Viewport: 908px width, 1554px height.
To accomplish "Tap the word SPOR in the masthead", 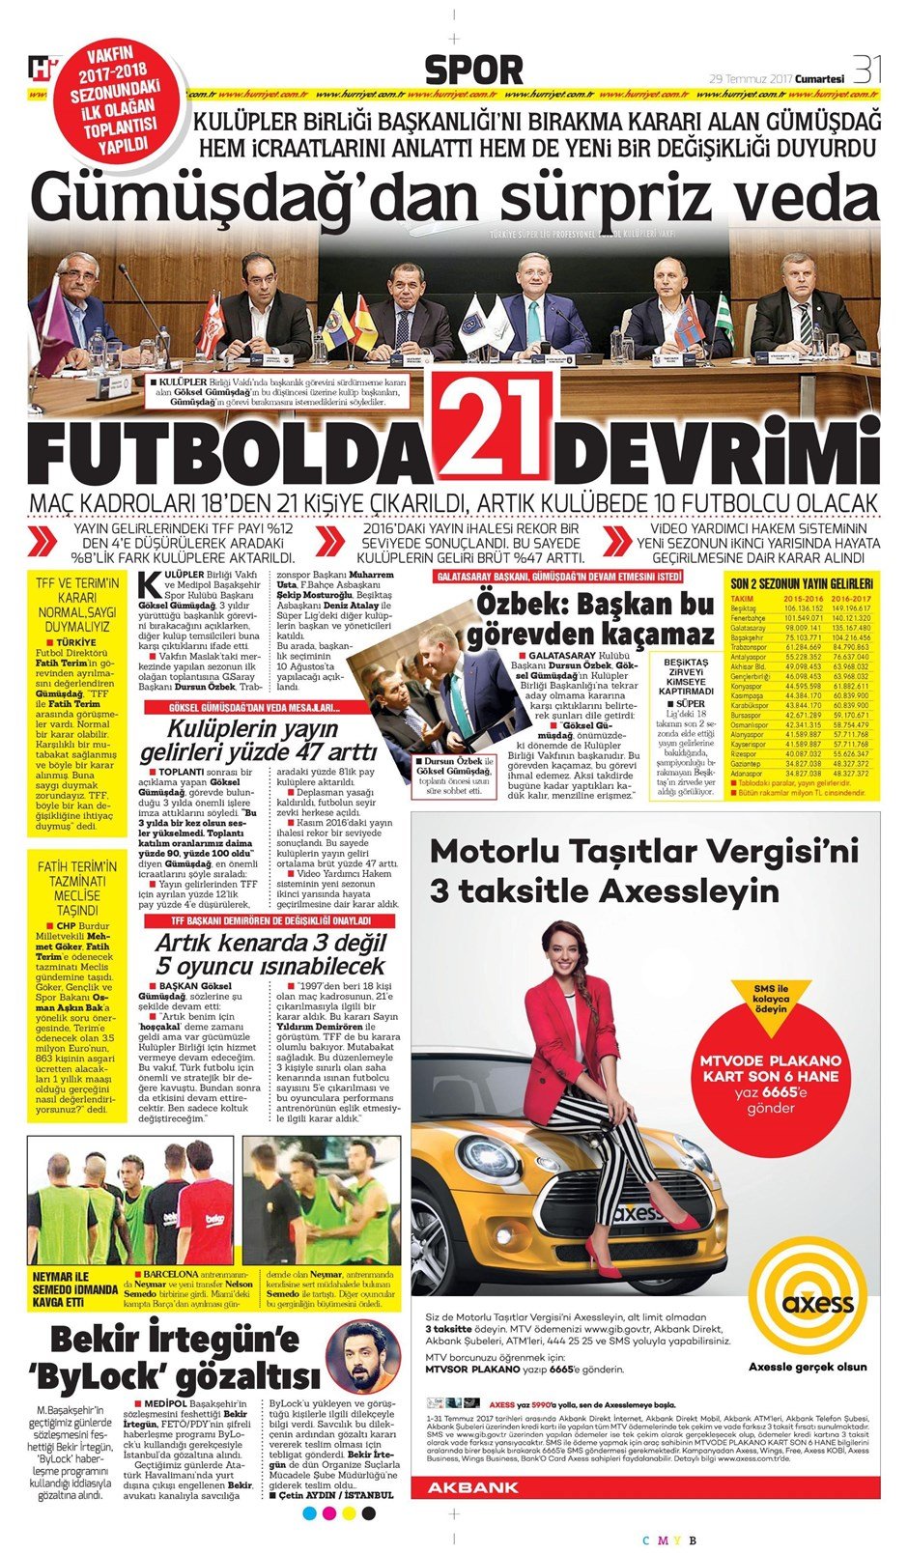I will click(x=473, y=71).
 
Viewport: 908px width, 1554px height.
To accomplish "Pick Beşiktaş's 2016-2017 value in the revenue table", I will click(x=850, y=608).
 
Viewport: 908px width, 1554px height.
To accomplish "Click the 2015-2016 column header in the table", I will click(x=803, y=599).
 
